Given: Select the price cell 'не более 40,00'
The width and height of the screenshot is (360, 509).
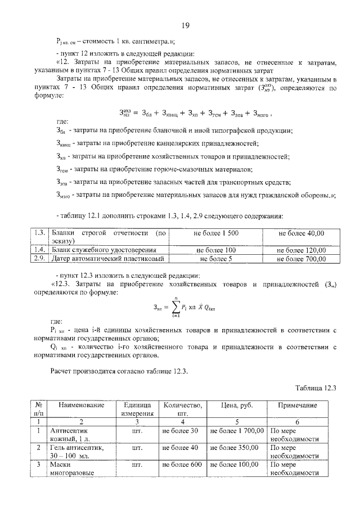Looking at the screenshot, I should (301, 233).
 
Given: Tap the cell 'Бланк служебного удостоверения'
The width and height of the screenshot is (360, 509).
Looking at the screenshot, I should (103, 250).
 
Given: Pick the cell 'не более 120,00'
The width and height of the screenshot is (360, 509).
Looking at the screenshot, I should (301, 250).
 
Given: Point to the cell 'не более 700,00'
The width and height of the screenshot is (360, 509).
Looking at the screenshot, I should (301, 259).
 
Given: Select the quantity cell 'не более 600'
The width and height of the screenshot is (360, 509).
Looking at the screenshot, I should (182, 465).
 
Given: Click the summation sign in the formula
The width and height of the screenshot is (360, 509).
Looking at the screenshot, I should (177, 307).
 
